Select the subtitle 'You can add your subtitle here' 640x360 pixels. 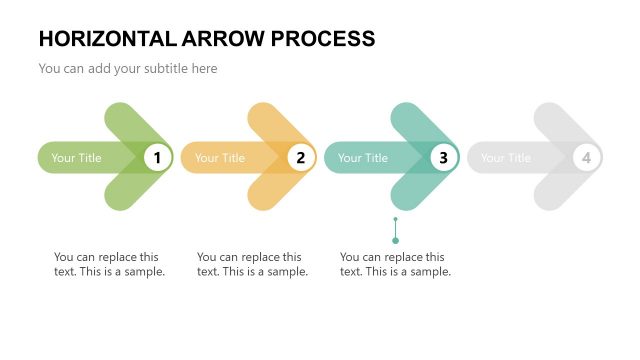pos(127,69)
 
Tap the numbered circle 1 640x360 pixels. pos(157,157)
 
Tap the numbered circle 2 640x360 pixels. pos(300,157)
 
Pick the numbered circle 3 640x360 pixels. pos(443,157)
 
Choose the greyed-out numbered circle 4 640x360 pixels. pos(586,157)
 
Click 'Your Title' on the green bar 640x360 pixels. pos(76,158)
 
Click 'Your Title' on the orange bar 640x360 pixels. pos(219,158)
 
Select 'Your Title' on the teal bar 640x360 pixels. pos(362,158)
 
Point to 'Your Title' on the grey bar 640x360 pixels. pos(505,158)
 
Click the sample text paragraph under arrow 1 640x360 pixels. pos(109,264)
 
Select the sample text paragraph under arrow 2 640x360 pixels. pos(252,264)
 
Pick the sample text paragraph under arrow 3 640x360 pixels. pos(395,264)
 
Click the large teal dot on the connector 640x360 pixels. pos(395,240)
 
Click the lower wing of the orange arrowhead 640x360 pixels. pos(272,191)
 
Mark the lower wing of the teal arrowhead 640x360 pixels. pos(415,191)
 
